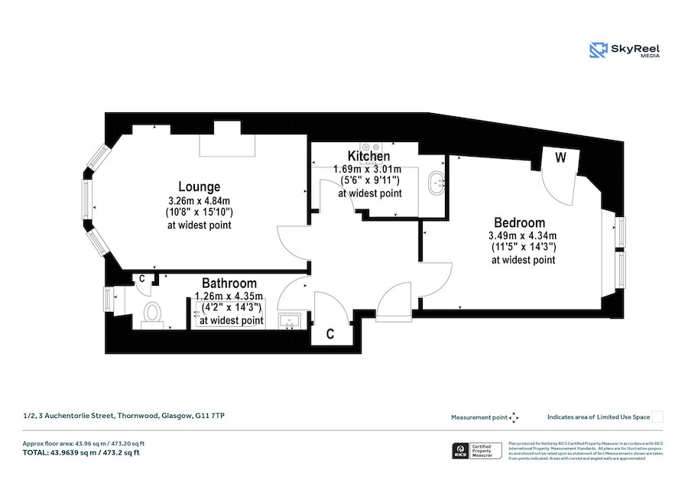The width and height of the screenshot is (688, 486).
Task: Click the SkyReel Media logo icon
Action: [599, 50]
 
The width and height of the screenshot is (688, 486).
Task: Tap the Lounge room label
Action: [199, 186]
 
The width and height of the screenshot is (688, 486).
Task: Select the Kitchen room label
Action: [369, 157]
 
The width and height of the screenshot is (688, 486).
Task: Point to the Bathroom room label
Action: [229, 283]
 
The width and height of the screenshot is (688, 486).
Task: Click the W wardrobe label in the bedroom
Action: [560, 159]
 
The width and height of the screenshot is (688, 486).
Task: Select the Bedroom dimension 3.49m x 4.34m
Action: [523, 235]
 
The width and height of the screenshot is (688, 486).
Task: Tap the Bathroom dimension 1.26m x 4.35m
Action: [229, 296]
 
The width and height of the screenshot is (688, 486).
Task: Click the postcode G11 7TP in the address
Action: [211, 416]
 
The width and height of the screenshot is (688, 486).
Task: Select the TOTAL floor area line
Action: [81, 452]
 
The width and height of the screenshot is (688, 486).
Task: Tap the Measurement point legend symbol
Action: [514, 417]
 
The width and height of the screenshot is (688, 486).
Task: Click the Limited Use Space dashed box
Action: [657, 416]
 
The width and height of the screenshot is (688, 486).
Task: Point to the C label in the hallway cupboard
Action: [329, 333]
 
